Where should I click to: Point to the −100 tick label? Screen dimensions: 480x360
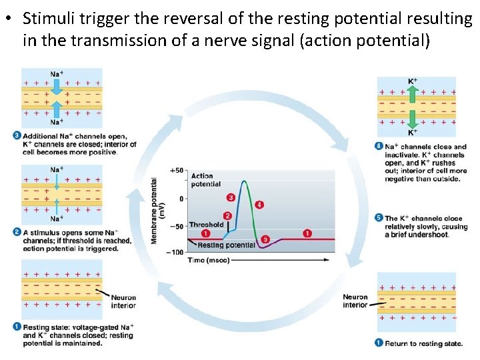(x=175, y=252)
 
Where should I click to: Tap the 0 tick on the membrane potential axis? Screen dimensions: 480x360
(x=181, y=199)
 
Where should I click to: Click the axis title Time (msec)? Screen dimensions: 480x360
(x=208, y=260)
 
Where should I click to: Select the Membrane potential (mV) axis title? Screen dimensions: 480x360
(x=158, y=210)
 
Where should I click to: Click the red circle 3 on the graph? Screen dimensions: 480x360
(x=231, y=197)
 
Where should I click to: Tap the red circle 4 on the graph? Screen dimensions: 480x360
(x=259, y=205)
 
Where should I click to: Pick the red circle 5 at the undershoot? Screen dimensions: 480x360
(x=265, y=239)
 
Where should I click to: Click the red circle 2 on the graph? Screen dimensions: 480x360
(x=227, y=216)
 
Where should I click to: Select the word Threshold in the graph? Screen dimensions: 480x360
(x=206, y=225)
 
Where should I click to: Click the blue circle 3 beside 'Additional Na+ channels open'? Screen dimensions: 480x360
(x=17, y=136)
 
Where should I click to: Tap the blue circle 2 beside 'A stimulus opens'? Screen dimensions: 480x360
(x=17, y=232)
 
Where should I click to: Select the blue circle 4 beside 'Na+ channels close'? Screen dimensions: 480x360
(x=379, y=146)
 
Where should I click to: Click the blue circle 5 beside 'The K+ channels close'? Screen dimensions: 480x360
(x=379, y=217)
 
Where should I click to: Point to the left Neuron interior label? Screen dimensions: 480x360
(x=123, y=301)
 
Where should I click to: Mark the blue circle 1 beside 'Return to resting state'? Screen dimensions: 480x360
(x=379, y=343)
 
